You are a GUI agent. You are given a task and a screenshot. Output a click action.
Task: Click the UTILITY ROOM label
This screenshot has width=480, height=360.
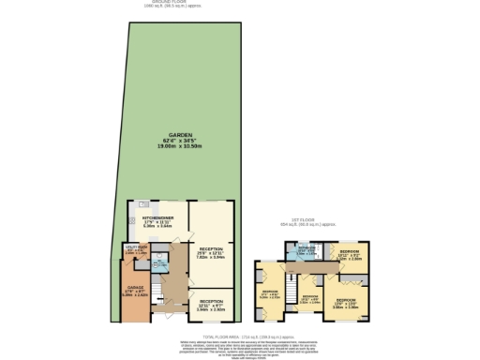tap(136, 247)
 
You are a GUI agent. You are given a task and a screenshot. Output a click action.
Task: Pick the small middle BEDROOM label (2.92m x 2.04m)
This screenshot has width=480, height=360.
tap(309, 297)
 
